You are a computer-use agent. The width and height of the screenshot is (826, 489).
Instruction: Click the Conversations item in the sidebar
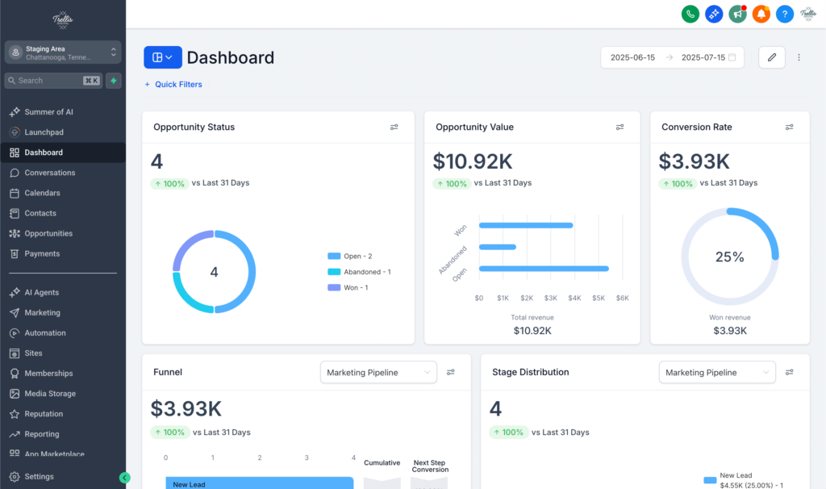[x=49, y=173]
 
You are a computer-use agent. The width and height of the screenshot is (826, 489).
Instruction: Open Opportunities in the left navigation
[x=48, y=233]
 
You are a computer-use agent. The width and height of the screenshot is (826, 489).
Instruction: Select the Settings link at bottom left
[x=39, y=476]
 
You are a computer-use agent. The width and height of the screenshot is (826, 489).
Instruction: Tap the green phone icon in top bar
[x=690, y=14]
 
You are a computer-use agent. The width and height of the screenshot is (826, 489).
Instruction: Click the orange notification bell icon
[x=761, y=14]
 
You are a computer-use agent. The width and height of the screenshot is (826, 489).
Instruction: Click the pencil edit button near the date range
[x=771, y=57]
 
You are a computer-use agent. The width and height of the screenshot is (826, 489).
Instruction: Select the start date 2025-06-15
[x=632, y=57]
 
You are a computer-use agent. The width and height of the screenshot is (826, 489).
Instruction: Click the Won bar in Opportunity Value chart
[x=525, y=225]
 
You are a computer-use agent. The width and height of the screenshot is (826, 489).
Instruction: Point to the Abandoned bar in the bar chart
[x=497, y=247]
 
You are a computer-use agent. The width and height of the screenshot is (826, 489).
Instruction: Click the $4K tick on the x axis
[x=574, y=298]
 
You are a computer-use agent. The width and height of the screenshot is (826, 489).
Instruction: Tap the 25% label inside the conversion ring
[x=729, y=257]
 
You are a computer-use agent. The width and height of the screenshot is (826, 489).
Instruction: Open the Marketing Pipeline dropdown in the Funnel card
[x=378, y=372]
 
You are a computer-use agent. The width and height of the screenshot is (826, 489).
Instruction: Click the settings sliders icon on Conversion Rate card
[x=790, y=127]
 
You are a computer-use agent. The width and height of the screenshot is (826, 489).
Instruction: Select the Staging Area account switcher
[x=62, y=52]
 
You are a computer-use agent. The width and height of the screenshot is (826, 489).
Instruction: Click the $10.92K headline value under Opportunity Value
[x=472, y=161]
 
